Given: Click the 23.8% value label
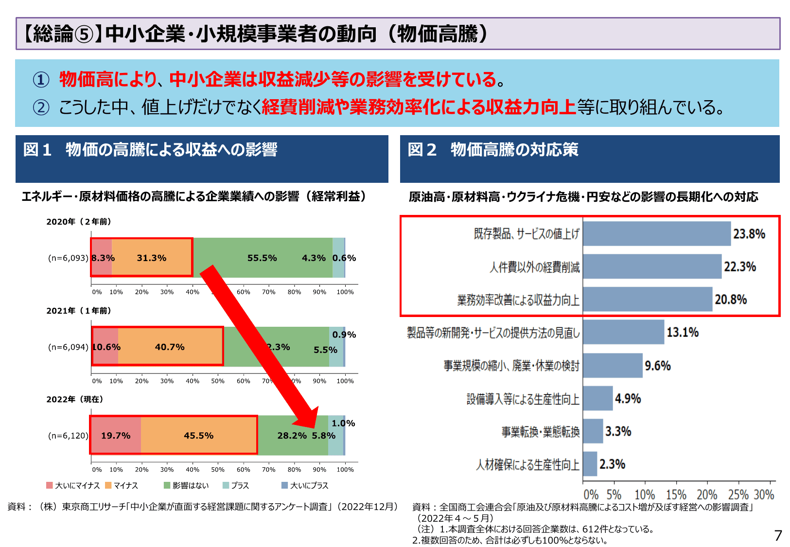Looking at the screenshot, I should click(749, 234).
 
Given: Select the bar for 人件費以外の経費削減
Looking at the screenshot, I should click(651, 266).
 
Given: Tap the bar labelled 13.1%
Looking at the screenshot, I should click(623, 332).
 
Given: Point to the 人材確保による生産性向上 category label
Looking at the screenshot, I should click(527, 465).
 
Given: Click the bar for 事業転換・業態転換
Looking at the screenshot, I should click(593, 431).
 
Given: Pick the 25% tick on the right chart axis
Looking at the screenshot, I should click(738, 495).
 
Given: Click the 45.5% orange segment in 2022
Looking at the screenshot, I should click(198, 436).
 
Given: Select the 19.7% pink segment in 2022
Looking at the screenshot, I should click(116, 436).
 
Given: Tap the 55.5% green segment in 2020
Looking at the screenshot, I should click(262, 258).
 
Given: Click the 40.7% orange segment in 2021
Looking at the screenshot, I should click(170, 347).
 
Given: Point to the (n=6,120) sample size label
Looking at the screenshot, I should click(68, 436).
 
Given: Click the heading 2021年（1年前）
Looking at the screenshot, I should click(79, 311).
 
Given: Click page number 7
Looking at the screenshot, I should click(778, 535).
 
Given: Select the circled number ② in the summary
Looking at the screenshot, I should click(41, 107).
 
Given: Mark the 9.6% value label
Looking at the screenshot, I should click(657, 366).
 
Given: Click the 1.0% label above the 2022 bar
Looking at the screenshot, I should click(343, 423).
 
